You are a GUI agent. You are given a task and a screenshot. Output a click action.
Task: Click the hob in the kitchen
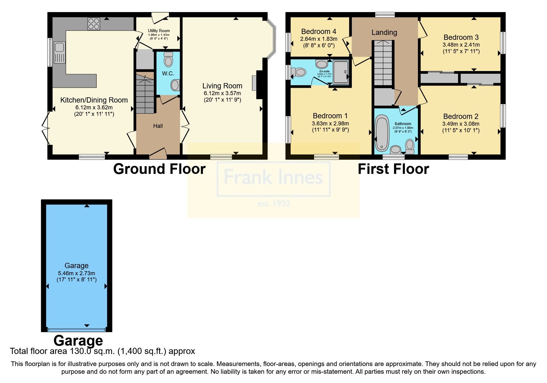(x=94, y=24)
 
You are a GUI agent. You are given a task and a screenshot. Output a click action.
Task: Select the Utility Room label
(x=159, y=31)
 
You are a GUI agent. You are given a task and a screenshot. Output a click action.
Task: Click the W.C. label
(x=168, y=74)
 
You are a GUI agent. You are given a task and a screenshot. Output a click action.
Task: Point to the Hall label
(x=158, y=126)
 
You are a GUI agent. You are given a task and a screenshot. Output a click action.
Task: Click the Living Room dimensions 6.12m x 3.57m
(x=222, y=93)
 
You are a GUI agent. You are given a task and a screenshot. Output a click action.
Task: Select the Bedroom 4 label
(x=318, y=32)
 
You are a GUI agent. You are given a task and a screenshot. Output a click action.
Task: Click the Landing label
(x=384, y=32)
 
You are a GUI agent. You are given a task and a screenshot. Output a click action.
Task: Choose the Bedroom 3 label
(x=461, y=37)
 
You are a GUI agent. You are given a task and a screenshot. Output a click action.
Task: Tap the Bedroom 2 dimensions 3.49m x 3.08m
(x=461, y=124)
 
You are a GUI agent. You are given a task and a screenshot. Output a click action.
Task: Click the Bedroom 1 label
(x=330, y=116)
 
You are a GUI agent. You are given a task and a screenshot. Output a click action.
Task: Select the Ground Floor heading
(x=159, y=169)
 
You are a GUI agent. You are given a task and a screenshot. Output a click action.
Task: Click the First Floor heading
(x=393, y=169)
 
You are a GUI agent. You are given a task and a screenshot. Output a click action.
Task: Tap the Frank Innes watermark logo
(x=273, y=178)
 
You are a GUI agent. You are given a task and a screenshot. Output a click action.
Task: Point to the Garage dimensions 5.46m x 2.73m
(x=76, y=273)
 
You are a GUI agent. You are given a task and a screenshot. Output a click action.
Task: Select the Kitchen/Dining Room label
(x=94, y=100)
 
